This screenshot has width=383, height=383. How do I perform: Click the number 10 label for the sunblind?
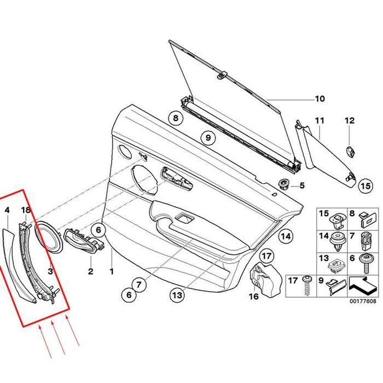[320, 99]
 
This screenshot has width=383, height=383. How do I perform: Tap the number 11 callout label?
[320, 120]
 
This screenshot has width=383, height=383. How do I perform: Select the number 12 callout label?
[350, 120]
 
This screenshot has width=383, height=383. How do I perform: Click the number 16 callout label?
[253, 296]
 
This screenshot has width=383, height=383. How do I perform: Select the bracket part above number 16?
[262, 276]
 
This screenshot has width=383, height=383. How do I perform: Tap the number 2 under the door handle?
[91, 271]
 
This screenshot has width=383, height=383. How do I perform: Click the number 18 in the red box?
[26, 210]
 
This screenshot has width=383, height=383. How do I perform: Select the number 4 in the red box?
[8, 210]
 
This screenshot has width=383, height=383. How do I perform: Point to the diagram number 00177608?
[364, 301]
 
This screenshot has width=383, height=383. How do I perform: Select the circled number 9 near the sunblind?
[208, 138]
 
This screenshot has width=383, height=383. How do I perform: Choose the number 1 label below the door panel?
[112, 271]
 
